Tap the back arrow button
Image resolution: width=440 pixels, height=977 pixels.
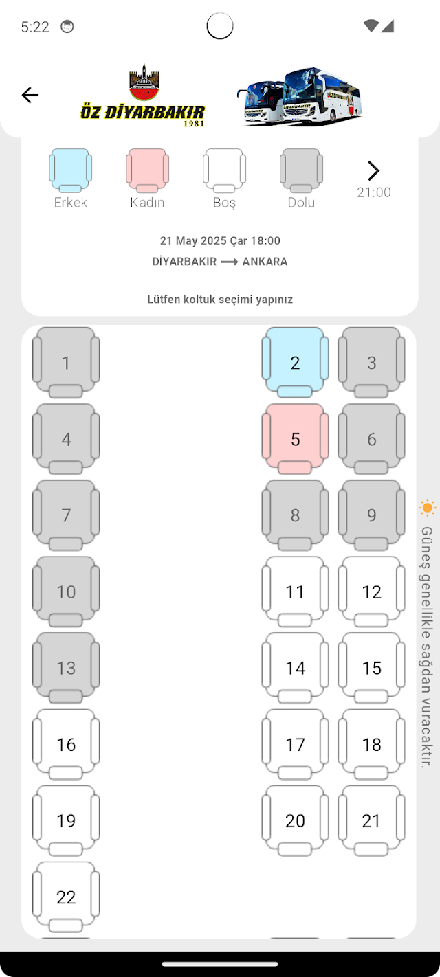coord(30,95)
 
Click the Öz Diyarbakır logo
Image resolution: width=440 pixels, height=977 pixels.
coord(143,96)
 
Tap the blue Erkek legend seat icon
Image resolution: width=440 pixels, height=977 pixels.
coord(70,170)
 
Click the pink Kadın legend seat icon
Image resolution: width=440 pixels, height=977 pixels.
coord(147,170)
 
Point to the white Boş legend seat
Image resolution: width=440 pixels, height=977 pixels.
coord(224,170)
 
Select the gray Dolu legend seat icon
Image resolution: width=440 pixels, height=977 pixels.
coord(301,170)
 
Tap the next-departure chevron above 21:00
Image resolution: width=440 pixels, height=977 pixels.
coord(373,170)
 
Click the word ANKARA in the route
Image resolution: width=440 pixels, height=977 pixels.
coord(265,262)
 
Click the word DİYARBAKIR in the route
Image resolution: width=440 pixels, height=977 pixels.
coord(184,262)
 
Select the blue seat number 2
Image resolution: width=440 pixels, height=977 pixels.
coord(295,363)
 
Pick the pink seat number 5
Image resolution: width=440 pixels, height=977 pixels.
coord(295,439)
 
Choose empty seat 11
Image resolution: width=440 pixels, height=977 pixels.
coord(295,592)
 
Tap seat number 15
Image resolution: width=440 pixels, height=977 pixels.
coord(371,668)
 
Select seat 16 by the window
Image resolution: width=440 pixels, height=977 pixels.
coord(66,744)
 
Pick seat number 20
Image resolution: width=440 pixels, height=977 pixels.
coord(295,820)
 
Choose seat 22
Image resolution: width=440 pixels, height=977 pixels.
coord(66,897)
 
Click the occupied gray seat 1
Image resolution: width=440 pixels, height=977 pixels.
coord(66,363)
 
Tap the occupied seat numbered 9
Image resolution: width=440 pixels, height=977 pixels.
coord(371,515)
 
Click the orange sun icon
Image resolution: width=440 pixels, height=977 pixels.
coord(428,508)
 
